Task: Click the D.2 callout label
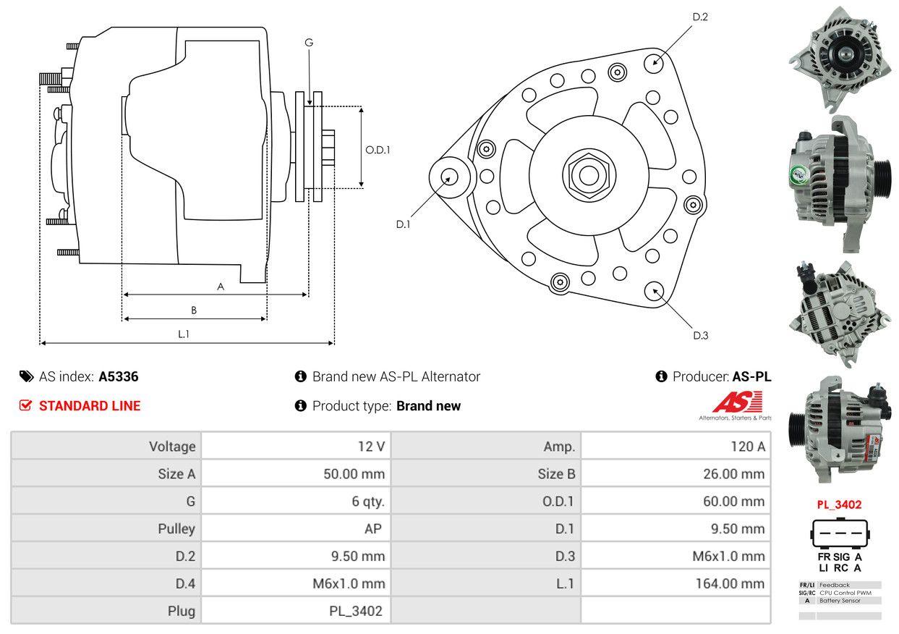[699, 17]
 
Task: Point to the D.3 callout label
[700, 335]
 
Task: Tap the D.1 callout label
[403, 224]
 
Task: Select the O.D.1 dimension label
[378, 150]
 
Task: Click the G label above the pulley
[309, 43]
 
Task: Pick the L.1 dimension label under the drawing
[184, 334]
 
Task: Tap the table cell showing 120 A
[747, 447]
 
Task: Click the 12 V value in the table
[371, 447]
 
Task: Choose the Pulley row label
[176, 528]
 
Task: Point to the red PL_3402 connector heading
[839, 505]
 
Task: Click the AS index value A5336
[119, 376]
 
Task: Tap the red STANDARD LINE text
[90, 406]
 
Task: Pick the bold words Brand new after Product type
[428, 406]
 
